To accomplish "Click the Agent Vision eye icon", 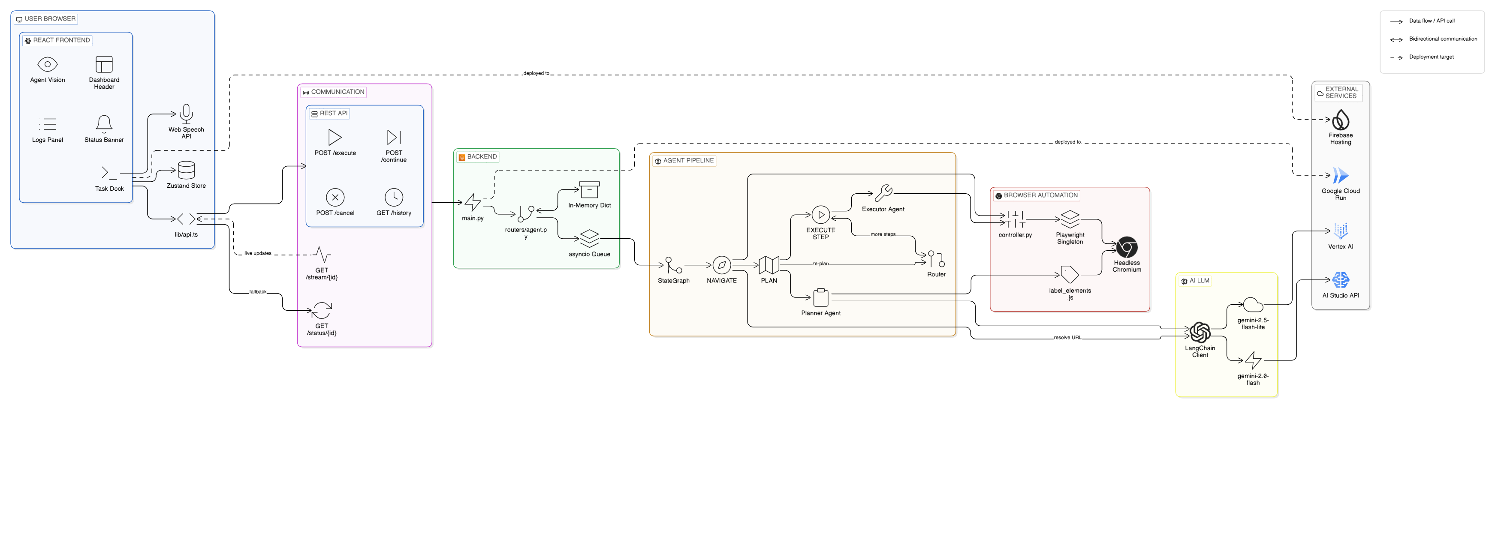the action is tap(47, 64).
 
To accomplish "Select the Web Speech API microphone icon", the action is tap(186, 114).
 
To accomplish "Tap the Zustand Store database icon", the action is tap(186, 170).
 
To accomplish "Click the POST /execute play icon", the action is tap(335, 137).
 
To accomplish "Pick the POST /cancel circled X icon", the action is tap(335, 197).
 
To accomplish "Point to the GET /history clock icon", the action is tap(394, 197).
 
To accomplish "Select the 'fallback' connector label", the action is tap(258, 292).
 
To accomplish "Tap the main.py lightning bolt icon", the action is tap(473, 202).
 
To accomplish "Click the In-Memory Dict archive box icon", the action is tap(590, 190).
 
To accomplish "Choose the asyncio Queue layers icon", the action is tap(590, 238).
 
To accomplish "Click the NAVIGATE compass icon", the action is tap(721, 265).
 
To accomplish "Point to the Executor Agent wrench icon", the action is tap(883, 192).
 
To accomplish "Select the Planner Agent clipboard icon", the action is tap(821, 297).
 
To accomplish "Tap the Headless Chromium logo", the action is tap(1127, 247).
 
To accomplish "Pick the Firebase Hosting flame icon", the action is tap(1341, 120).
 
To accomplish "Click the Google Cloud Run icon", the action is tap(1341, 175).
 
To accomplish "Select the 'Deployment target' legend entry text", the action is tap(1431, 57).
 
